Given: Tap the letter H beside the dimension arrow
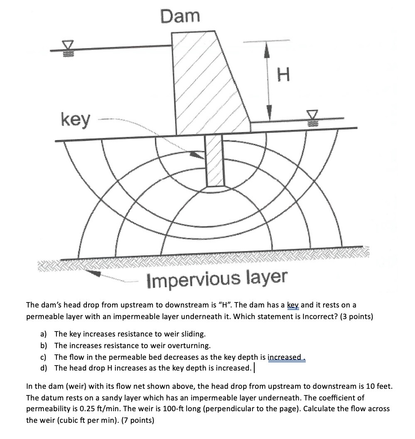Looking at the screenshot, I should point(282,76).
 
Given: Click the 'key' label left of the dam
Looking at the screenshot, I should point(75,120).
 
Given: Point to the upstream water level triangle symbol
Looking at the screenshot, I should point(68,45).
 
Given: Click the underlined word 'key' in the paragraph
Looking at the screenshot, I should point(293,305).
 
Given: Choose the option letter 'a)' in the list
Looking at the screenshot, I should point(44,334).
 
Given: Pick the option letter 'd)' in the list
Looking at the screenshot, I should point(44,368).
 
